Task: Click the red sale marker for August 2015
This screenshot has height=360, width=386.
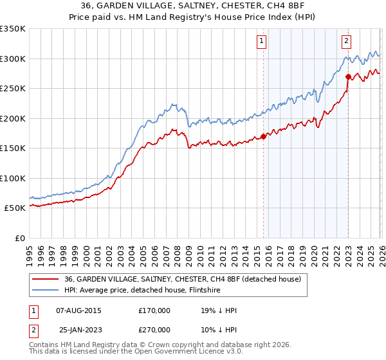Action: click(x=263, y=136)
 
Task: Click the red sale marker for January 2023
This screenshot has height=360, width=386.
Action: click(x=348, y=76)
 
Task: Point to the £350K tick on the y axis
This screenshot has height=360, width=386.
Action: click(x=13, y=29)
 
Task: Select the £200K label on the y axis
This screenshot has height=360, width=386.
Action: click(x=13, y=118)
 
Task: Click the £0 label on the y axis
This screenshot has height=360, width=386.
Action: click(x=21, y=238)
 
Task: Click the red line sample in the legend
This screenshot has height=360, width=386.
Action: click(x=46, y=279)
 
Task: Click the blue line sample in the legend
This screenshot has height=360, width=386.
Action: click(x=46, y=291)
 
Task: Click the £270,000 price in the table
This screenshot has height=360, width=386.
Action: click(x=154, y=330)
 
